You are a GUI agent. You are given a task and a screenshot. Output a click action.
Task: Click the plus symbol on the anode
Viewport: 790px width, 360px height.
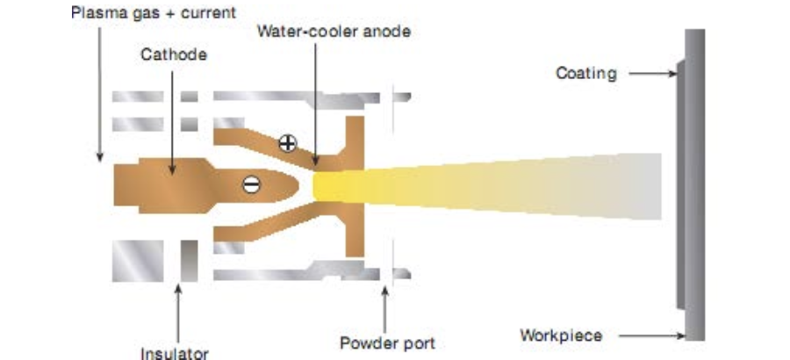(x=287, y=143)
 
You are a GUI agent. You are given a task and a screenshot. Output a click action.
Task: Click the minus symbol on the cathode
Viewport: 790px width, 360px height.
(x=251, y=184)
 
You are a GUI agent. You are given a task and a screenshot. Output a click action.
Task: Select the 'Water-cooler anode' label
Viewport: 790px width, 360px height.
(x=334, y=32)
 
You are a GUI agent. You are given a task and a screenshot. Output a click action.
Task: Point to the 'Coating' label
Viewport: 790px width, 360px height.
(x=585, y=73)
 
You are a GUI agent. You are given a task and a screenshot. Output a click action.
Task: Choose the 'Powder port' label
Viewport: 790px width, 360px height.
(x=387, y=342)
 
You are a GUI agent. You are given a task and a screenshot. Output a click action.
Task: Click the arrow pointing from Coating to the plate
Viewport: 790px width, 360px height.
(x=650, y=74)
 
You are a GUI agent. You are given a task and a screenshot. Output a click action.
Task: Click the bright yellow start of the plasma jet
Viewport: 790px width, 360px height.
(x=334, y=184)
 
